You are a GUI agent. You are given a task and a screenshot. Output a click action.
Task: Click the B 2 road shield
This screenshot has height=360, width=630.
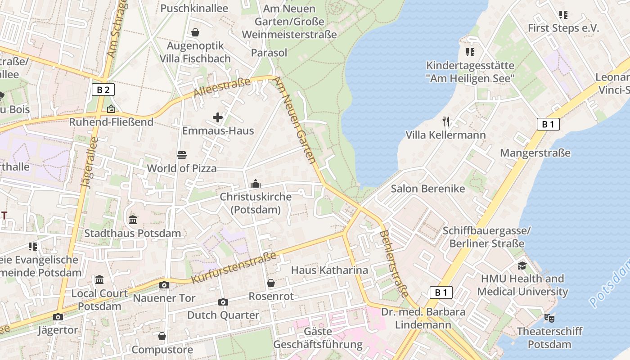click(103, 90)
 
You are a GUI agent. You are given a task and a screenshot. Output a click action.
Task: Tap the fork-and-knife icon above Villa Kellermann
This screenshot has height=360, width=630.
click(446, 121)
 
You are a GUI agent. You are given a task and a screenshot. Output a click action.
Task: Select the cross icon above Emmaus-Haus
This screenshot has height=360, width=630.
click(218, 118)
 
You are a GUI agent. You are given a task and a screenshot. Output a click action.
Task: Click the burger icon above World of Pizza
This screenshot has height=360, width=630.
click(182, 155)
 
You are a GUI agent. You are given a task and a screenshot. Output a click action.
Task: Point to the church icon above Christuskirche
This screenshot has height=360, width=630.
click(256, 183)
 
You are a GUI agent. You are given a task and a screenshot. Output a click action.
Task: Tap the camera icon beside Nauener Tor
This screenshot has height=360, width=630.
click(164, 285)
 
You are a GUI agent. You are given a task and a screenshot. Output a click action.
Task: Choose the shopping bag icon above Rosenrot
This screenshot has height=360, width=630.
click(271, 283)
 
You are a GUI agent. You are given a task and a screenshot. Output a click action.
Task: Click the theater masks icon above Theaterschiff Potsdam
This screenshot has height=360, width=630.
click(549, 318)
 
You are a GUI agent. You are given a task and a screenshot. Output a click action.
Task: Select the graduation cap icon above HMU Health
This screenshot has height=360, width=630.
click(522, 265)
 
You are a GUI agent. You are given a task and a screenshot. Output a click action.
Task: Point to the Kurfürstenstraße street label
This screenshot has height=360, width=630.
click(234, 268)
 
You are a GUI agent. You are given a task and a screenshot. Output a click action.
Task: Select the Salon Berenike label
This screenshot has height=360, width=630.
click(427, 189)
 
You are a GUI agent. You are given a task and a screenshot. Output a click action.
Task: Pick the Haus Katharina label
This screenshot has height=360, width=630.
click(329, 270)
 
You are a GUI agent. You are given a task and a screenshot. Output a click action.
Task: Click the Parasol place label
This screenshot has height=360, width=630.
click(269, 53)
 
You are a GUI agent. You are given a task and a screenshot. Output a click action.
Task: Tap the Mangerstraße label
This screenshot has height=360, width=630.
click(535, 153)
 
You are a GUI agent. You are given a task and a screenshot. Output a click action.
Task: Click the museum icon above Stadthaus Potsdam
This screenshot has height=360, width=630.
click(133, 220)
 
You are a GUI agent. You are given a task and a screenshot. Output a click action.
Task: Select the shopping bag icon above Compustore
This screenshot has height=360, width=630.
click(162, 336)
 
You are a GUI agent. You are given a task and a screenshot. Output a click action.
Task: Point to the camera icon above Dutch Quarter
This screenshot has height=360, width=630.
click(223, 302)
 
